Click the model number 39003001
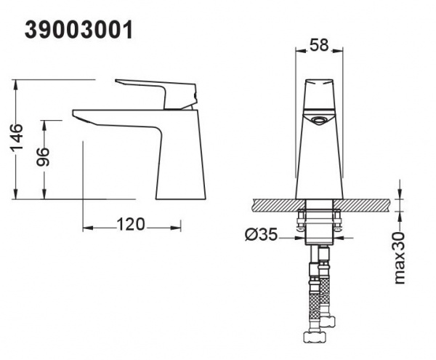pyautogui.click(x=78, y=31)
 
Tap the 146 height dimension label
pyautogui.click(x=17, y=138)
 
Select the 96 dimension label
pyautogui.click(x=44, y=157)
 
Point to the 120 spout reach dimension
pyautogui.click(x=131, y=224)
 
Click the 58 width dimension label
pyautogui.click(x=319, y=45)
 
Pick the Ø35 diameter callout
pyautogui.click(x=262, y=234)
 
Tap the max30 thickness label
pyautogui.click(x=400, y=257)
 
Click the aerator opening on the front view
pyautogui.click(x=319, y=121)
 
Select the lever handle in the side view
pyautogui.click(x=156, y=94)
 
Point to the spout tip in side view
pyautogui.click(x=74, y=113)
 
